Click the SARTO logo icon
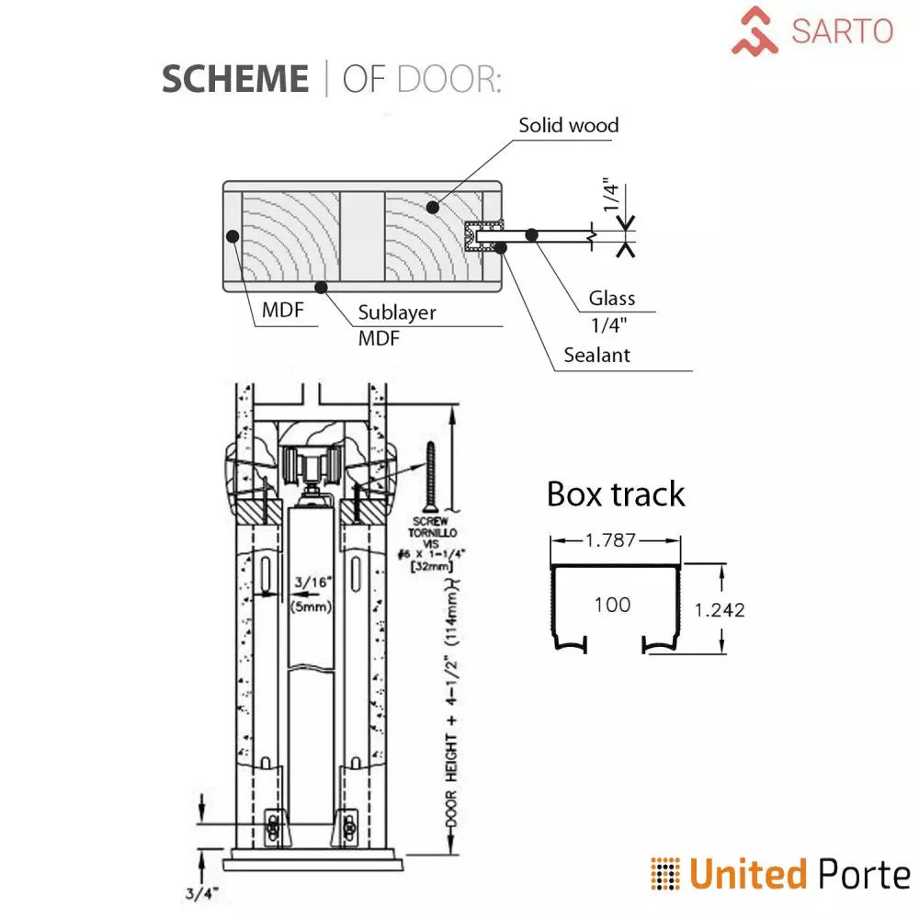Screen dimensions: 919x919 (x=755, y=30)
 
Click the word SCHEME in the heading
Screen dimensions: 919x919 (x=235, y=79)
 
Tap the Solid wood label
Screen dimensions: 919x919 (x=568, y=125)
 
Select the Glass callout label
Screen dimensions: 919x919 (x=612, y=299)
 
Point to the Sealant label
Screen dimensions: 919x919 (x=596, y=355)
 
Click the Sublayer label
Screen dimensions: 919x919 (x=397, y=312)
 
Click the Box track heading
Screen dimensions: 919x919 (x=616, y=494)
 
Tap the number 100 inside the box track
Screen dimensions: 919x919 (x=612, y=605)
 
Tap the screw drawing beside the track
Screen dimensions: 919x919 (x=430, y=478)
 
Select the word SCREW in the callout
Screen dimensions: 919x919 (x=435, y=521)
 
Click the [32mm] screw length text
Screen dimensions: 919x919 (x=436, y=568)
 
